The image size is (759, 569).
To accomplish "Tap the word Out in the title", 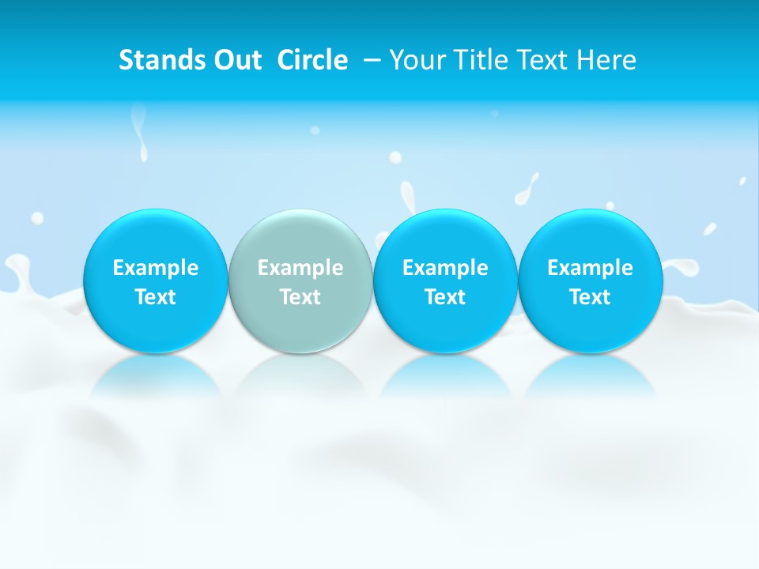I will click(236, 60).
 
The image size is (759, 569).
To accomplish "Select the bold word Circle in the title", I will click(312, 60).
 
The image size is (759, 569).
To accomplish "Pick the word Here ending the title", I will click(606, 60).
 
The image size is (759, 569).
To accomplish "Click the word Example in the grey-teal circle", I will click(300, 268).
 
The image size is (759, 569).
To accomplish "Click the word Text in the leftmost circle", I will click(156, 297).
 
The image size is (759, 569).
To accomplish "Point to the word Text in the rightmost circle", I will click(590, 297).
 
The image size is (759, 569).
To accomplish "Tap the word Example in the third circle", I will click(445, 268).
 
